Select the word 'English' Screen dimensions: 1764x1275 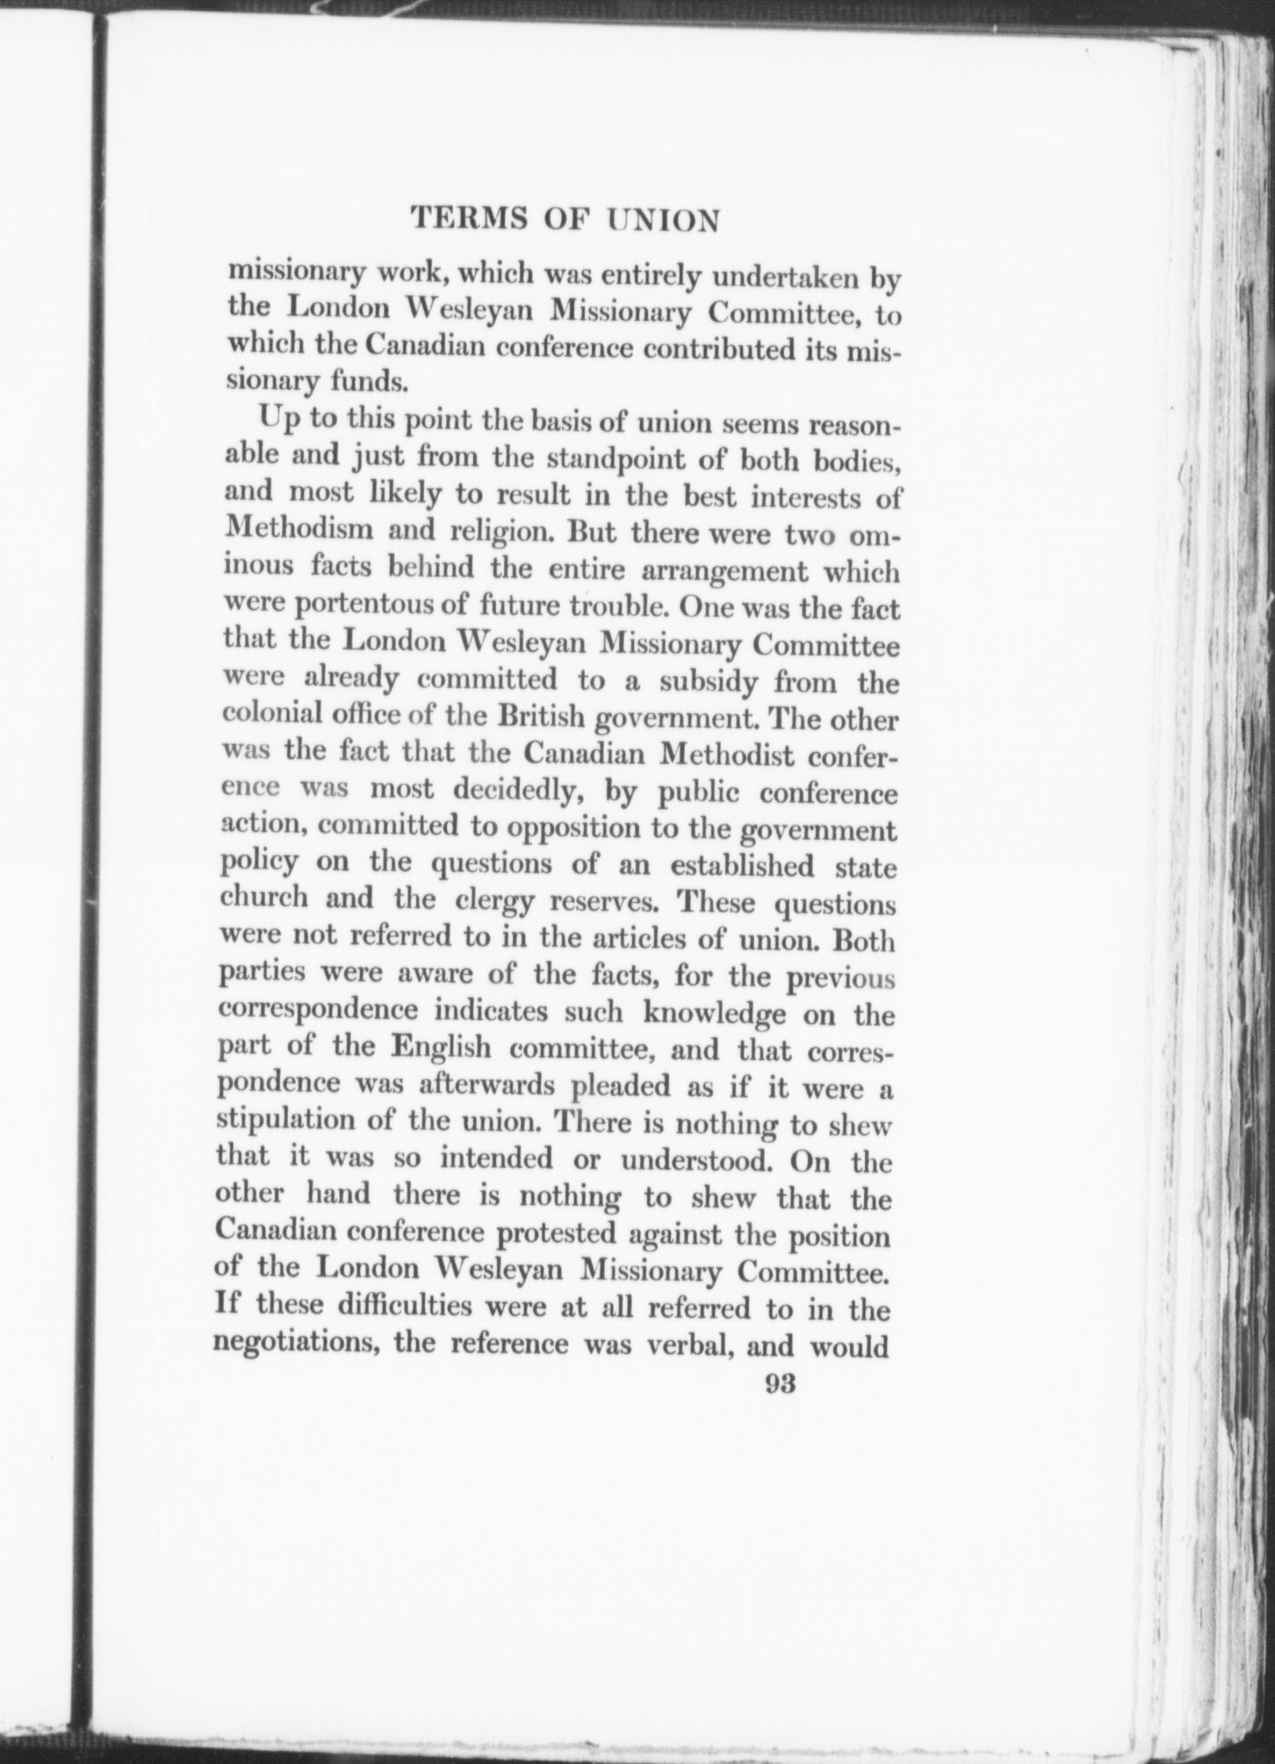(440, 1050)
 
